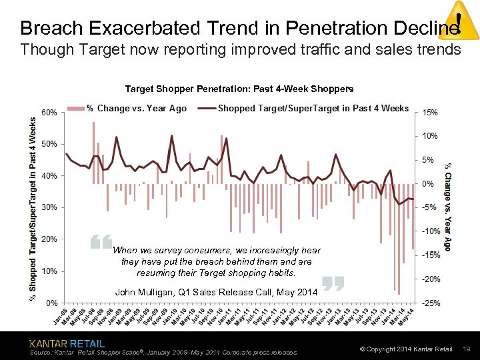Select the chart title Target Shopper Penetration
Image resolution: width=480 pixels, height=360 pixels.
239,89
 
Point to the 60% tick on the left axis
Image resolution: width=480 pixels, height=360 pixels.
49,112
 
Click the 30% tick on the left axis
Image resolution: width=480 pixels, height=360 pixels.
49,207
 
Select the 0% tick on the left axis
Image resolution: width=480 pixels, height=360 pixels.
51,303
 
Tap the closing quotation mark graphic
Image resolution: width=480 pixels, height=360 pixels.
332,283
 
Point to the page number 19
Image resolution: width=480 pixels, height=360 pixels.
467,349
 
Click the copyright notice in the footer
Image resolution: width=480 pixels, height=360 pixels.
406,349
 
